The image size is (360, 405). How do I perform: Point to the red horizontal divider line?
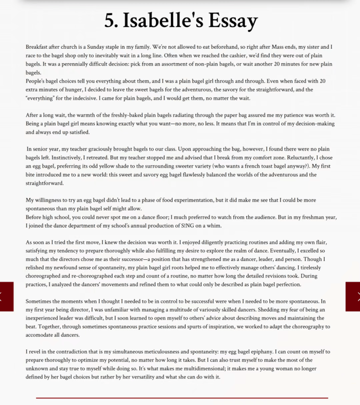tap(182, 397)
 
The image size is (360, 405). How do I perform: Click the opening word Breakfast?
tap(38, 47)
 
